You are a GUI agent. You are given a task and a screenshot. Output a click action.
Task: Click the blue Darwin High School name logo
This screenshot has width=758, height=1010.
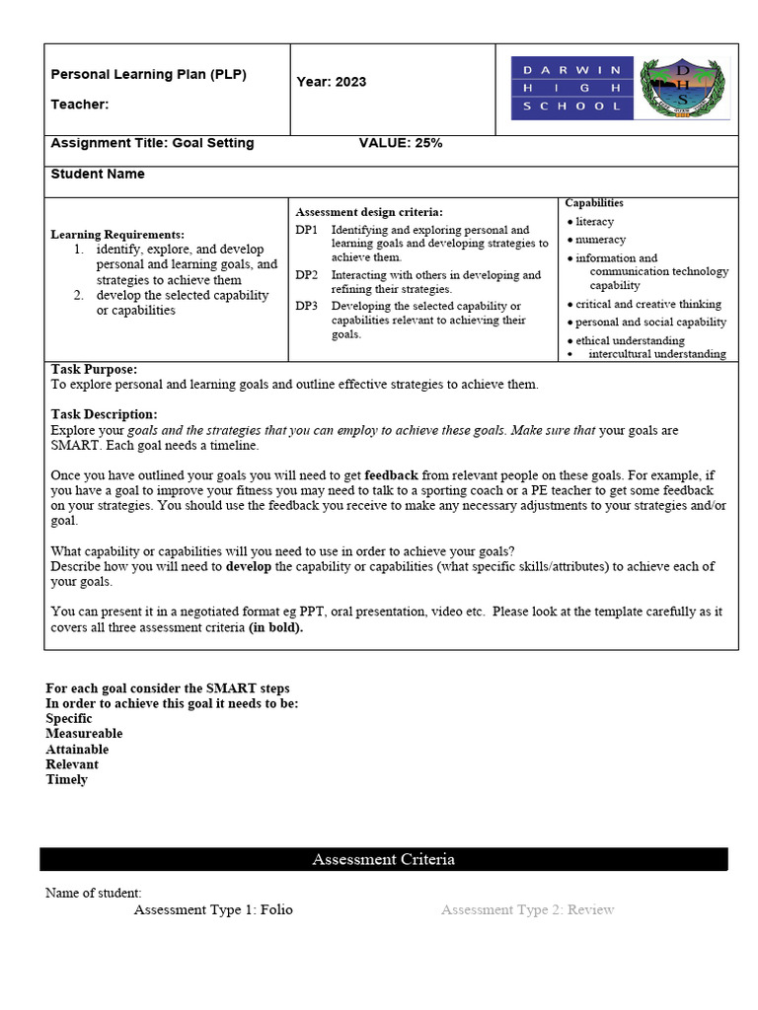pyautogui.click(x=572, y=89)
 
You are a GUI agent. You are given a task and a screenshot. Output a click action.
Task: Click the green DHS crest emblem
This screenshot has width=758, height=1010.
pyautogui.click(x=681, y=89)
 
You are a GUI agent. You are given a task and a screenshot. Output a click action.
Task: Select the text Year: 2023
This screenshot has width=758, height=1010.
pyautogui.click(x=331, y=82)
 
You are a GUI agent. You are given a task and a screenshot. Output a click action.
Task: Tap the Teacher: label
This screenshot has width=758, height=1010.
pyautogui.click(x=80, y=105)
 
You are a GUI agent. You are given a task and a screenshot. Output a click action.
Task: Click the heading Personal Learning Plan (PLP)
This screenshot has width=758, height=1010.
pyautogui.click(x=148, y=74)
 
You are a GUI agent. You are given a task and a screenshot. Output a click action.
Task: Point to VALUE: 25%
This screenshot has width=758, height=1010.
pyautogui.click(x=400, y=143)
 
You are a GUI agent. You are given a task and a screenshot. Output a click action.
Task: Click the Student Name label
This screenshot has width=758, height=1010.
pyautogui.click(x=98, y=175)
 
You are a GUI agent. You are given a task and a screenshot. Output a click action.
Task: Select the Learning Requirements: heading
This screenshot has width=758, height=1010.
pyautogui.click(x=117, y=235)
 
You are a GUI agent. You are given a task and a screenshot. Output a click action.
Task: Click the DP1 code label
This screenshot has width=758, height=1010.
pyautogui.click(x=306, y=230)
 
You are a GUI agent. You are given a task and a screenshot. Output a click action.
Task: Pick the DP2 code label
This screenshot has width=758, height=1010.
pyautogui.click(x=306, y=275)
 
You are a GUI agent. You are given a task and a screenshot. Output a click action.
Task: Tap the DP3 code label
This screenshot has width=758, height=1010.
pyautogui.click(x=306, y=306)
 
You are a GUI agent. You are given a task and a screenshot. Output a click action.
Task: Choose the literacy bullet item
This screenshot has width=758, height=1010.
pyautogui.click(x=594, y=222)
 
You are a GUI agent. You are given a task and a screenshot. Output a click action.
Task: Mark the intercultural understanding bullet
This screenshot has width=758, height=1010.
pyautogui.click(x=656, y=354)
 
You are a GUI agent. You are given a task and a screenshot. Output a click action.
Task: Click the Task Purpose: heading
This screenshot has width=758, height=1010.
pyautogui.click(x=94, y=369)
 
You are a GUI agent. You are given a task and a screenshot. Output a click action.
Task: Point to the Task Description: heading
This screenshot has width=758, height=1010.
pyautogui.click(x=104, y=414)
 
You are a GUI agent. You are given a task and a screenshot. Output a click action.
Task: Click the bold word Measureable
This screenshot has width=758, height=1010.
pyautogui.click(x=84, y=734)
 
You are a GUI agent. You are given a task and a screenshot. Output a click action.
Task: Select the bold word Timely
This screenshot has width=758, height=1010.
pyautogui.click(x=66, y=779)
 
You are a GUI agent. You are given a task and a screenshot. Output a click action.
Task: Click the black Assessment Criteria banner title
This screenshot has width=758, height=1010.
pyautogui.click(x=383, y=859)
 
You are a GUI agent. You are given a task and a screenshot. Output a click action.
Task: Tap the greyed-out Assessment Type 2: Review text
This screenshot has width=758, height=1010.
pyautogui.click(x=527, y=909)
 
